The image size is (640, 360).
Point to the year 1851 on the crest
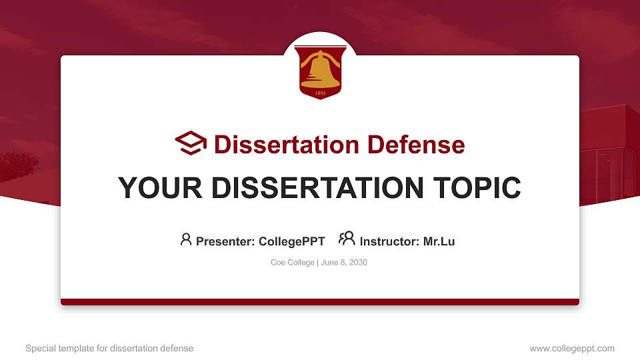321,93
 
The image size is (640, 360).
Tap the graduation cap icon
191,143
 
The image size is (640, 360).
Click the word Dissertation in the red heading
287,145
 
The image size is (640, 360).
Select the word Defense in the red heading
416,145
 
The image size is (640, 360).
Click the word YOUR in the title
160,188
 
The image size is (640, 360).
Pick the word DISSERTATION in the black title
317,188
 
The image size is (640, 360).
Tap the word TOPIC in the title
477,188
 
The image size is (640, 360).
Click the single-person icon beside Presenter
186,239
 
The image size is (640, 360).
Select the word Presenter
225,241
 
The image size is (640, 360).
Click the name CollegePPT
292,241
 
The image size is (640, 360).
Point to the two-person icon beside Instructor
347,239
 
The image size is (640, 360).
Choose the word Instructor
389,241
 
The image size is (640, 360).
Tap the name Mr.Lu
439,241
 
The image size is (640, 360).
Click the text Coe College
293,263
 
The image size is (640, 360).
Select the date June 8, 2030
344,263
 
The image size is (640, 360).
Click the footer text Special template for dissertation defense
109,348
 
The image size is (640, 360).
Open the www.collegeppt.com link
572,348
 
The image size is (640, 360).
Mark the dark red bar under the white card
320,302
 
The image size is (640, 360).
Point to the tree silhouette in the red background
19,165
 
